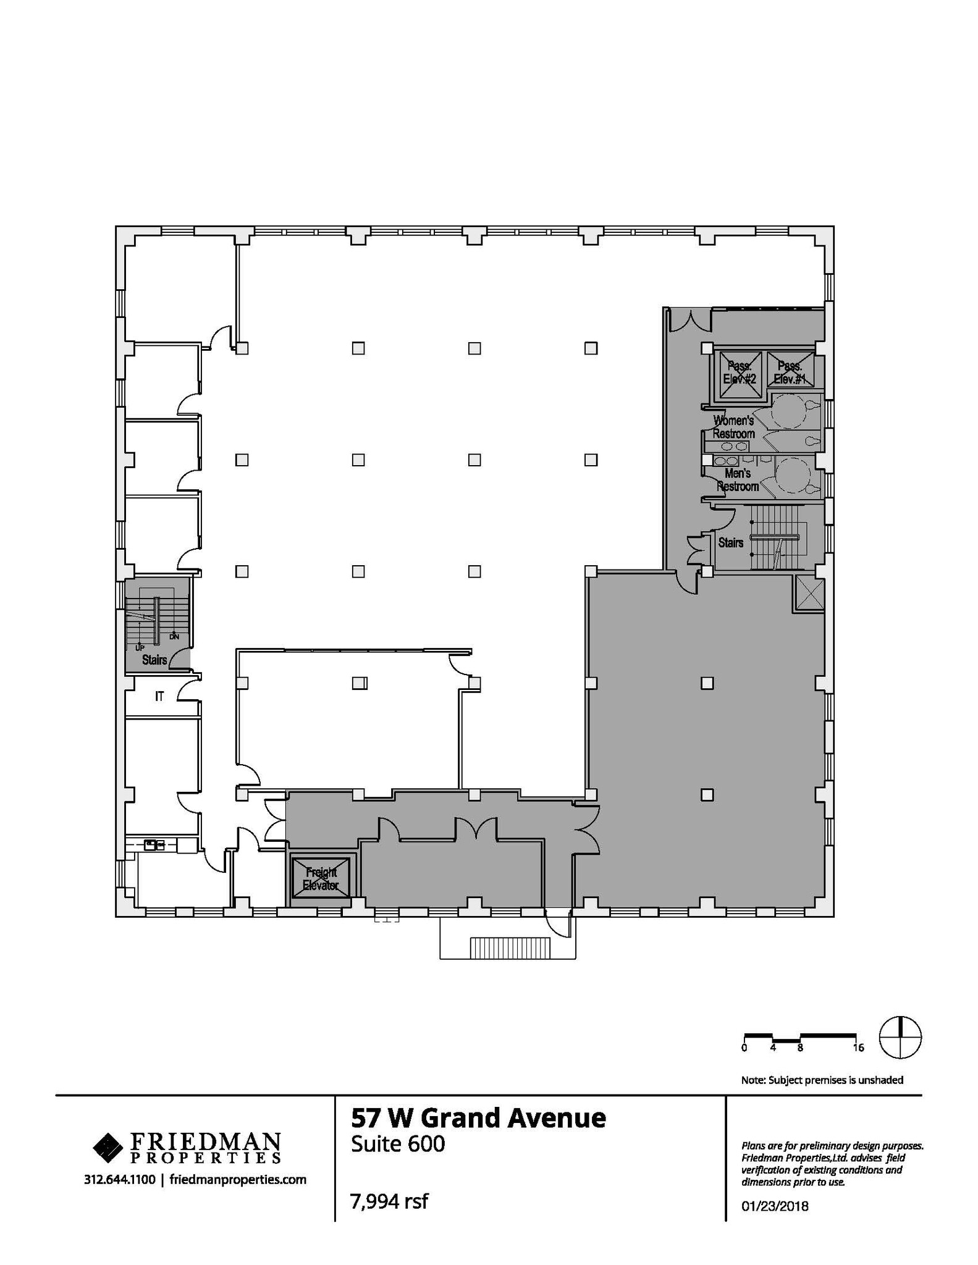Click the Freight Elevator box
pyautogui.click(x=320, y=878)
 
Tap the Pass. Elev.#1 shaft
pyautogui.click(x=790, y=371)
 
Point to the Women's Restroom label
pyautogui.click(x=733, y=427)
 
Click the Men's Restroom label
pyautogui.click(x=737, y=480)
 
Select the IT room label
pyautogui.click(x=159, y=696)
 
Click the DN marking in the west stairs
pyautogui.click(x=174, y=636)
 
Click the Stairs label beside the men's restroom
pyautogui.click(x=730, y=542)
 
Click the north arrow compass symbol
pyautogui.click(x=900, y=1036)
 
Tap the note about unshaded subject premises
pyautogui.click(x=822, y=1080)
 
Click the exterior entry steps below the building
pyautogui.click(x=510, y=946)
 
